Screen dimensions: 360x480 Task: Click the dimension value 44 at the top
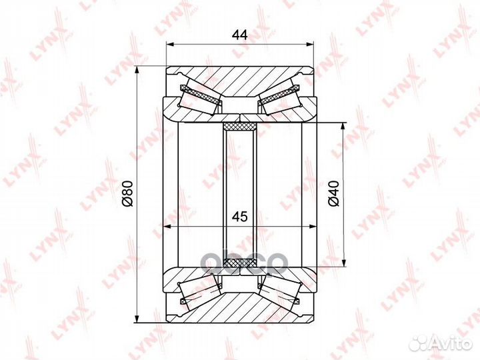tap(240, 35)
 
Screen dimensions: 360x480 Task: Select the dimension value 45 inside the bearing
tap(240, 217)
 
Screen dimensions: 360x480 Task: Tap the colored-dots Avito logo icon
tap(419, 343)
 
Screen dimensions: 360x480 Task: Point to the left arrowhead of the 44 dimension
tap(169, 45)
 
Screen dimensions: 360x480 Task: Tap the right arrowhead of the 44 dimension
tap(311, 45)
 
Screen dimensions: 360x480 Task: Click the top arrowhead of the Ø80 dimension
tap(136, 70)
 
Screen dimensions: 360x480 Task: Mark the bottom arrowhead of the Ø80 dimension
tap(136, 317)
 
